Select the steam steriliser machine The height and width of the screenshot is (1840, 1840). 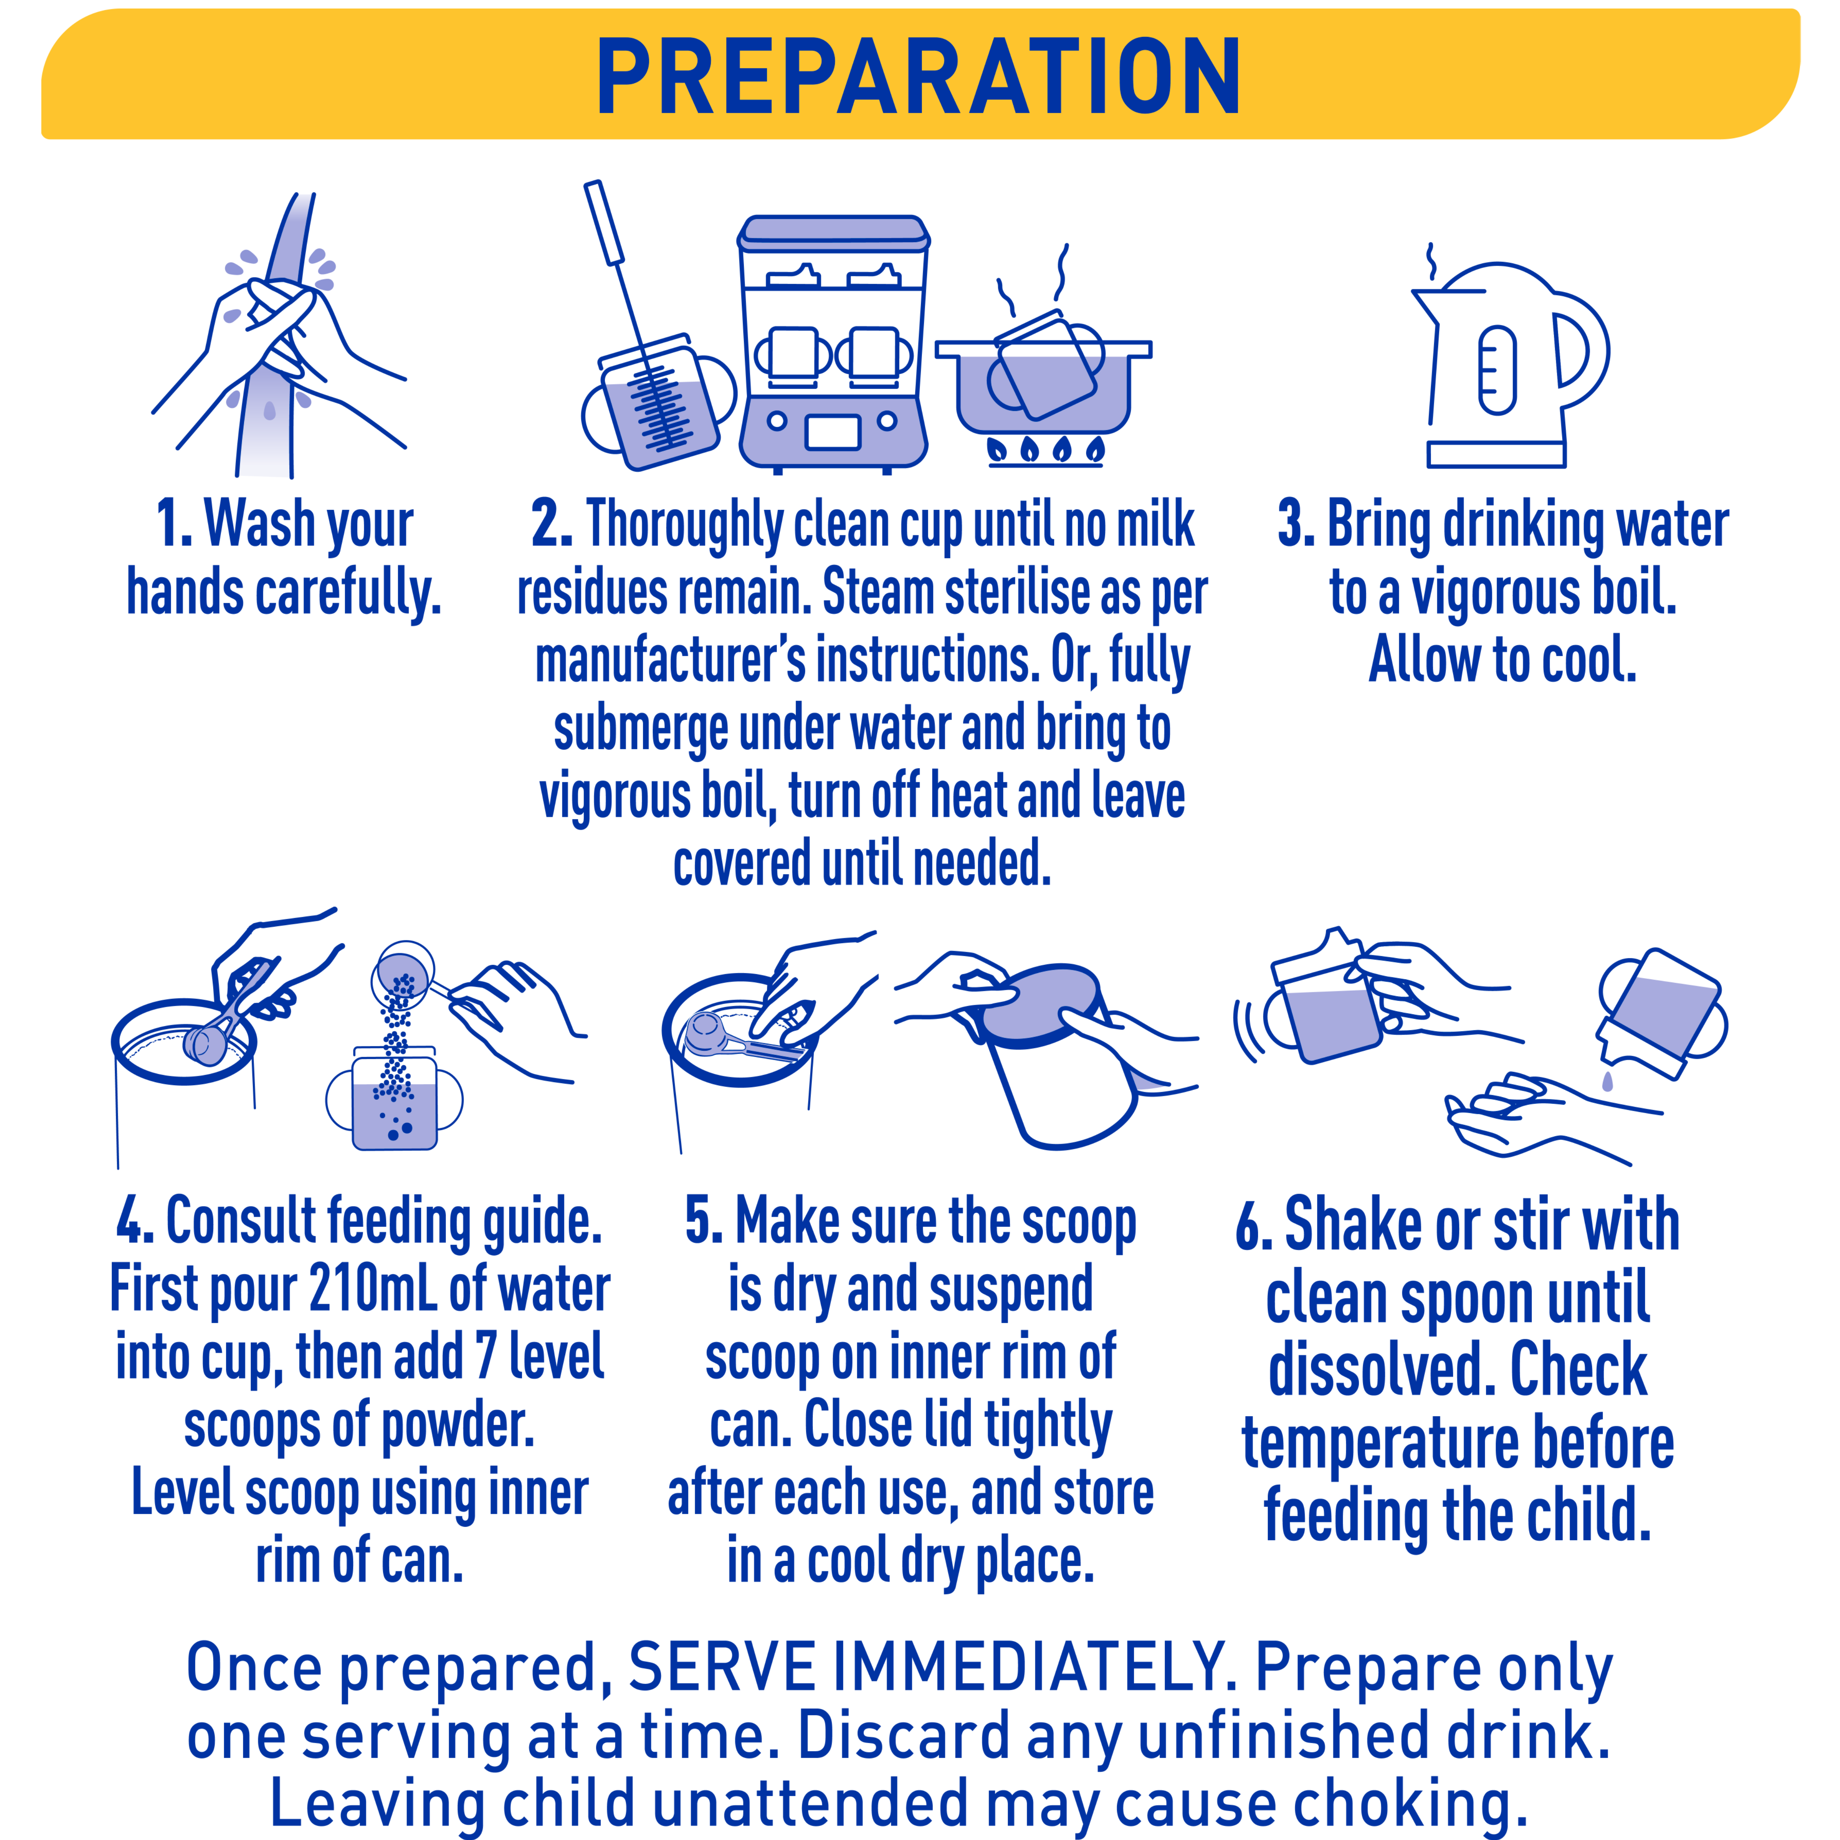point(833,343)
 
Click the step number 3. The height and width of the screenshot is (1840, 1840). point(1295,524)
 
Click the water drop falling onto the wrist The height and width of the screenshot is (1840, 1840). point(1608,1081)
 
